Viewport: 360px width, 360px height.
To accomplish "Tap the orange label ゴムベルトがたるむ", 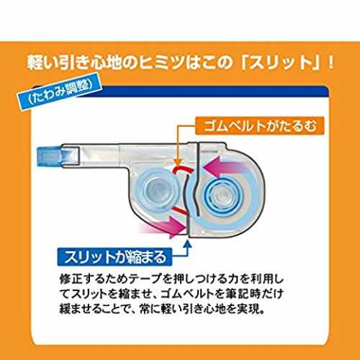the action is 260,126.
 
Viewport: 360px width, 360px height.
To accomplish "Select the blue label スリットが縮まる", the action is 114,257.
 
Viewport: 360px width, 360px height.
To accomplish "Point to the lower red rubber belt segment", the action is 181,210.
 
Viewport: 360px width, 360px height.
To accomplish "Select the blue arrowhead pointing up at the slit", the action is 188,243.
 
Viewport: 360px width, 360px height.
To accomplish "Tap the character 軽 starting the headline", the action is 35,63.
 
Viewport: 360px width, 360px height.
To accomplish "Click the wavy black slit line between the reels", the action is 192,190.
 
